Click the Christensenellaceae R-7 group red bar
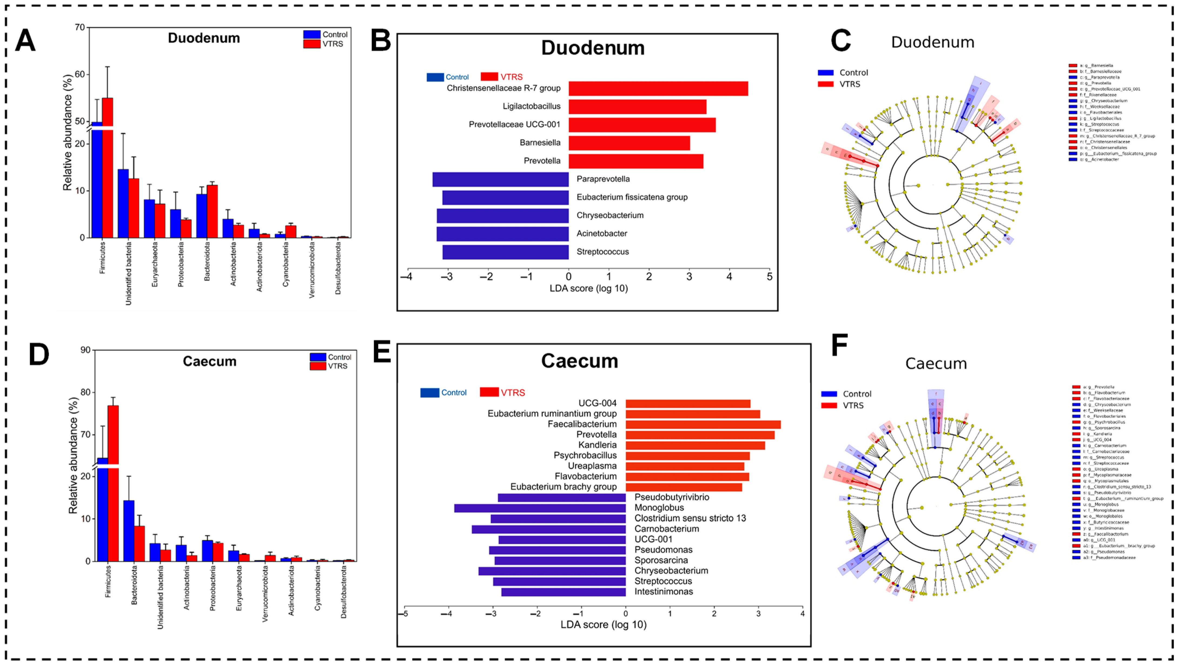click(658, 88)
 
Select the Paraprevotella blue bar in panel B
click(500, 179)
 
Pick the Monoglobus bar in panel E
click(540, 508)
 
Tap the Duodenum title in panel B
click(593, 48)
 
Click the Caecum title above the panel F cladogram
click(936, 364)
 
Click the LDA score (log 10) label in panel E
click(603, 625)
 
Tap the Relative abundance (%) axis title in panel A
click(68, 133)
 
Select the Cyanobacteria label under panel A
click(286, 264)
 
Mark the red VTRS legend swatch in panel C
click(826, 84)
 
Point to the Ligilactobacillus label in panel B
click(531, 106)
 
